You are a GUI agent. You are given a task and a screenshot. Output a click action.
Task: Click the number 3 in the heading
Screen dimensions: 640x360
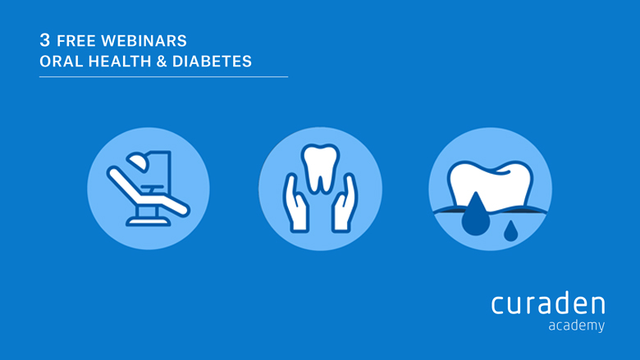coord(45,40)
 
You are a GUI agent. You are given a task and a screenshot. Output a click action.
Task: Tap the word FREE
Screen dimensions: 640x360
coord(76,41)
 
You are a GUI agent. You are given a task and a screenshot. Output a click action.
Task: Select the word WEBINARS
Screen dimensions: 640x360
coord(144,41)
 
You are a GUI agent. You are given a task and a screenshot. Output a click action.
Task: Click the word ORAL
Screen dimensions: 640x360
coord(61,62)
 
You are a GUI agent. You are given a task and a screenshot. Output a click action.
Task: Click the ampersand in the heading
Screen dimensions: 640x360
coord(162,62)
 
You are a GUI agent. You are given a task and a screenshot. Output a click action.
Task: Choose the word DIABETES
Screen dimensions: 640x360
coord(212,62)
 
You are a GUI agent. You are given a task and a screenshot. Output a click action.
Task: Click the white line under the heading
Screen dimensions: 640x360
coord(163,76)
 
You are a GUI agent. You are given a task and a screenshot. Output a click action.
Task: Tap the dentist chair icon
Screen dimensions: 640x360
coord(149,189)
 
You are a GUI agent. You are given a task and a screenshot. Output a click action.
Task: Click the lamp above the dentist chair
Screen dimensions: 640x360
coord(138,162)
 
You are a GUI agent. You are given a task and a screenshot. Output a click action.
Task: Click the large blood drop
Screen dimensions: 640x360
coord(476,216)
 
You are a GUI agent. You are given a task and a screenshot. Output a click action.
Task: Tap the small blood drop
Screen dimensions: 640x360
coord(510,231)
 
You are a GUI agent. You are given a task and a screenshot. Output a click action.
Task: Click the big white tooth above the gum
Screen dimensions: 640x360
coord(490,185)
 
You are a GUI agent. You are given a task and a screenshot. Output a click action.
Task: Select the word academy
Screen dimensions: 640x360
coord(576,326)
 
